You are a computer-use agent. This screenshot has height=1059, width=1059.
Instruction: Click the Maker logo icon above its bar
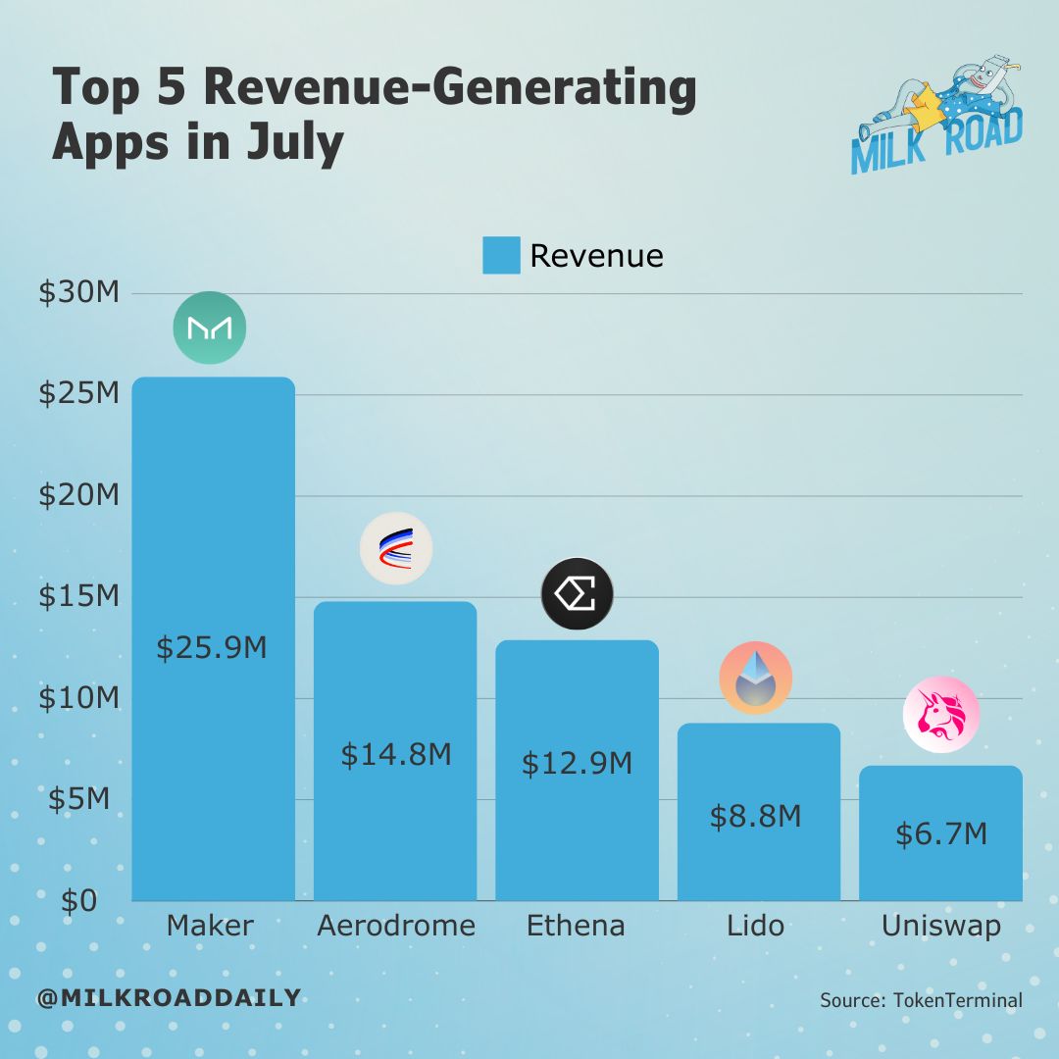click(210, 328)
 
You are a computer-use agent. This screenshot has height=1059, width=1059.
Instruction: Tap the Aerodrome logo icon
click(396, 548)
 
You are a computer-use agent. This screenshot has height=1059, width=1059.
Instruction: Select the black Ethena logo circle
click(577, 594)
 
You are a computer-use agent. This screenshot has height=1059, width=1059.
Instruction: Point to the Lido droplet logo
click(755, 679)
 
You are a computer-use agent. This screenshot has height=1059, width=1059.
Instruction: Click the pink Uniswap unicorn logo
click(940, 715)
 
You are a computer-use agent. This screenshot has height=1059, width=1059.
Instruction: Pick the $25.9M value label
click(212, 648)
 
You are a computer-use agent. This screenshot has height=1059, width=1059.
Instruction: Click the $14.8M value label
click(396, 754)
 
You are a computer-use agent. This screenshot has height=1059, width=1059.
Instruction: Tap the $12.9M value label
click(577, 763)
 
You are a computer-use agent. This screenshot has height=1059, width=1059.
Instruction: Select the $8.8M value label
click(756, 815)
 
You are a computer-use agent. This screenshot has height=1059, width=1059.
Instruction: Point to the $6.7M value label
click(941, 833)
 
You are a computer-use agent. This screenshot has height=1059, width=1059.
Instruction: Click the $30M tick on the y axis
click(78, 292)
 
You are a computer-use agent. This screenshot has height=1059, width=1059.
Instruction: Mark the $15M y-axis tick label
click(78, 596)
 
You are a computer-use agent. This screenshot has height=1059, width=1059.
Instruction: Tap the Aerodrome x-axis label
click(396, 926)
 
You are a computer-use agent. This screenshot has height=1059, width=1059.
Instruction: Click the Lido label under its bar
click(756, 926)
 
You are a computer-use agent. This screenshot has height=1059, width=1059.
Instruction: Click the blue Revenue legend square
click(501, 255)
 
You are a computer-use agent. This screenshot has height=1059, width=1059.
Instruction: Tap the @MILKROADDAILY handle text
click(169, 998)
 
